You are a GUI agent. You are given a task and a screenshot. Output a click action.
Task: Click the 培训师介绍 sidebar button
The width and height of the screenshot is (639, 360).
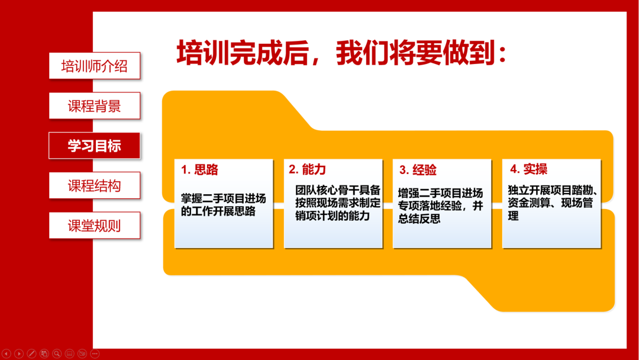(x=95, y=66)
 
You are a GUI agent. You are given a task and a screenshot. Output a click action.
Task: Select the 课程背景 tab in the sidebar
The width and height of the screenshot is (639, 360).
(x=95, y=105)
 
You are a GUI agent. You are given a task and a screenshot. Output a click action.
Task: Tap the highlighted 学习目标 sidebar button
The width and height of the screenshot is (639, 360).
(x=95, y=146)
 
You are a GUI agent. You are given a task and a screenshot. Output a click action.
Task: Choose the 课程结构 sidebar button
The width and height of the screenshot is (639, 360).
(x=95, y=185)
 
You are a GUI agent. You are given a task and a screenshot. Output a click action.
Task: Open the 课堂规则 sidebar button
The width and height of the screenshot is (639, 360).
(x=95, y=226)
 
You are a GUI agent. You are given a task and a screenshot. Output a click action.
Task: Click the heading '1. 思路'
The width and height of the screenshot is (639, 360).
(x=200, y=169)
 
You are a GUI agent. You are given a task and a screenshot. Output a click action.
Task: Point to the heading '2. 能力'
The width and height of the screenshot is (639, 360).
(x=307, y=169)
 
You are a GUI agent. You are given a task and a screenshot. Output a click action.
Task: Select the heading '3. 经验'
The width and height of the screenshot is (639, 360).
(x=418, y=169)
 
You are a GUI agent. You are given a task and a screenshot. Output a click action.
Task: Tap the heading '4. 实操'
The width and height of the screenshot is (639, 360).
(x=528, y=169)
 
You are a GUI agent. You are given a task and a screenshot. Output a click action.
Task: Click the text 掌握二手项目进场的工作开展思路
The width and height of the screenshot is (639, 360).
(x=223, y=205)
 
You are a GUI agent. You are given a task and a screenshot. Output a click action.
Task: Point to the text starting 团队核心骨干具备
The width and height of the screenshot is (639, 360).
(x=338, y=202)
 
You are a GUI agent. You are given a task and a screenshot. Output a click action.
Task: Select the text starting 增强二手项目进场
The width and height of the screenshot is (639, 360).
(x=441, y=205)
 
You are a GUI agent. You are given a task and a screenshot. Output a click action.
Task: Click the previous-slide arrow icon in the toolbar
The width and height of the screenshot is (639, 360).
(x=6, y=353)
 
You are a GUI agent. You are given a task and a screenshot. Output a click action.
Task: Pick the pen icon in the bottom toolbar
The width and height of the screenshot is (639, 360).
(x=31, y=353)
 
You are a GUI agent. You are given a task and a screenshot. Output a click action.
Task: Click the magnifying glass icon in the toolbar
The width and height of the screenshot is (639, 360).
(x=57, y=353)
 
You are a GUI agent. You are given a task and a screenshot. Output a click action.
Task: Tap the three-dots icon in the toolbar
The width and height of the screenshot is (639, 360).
(x=95, y=353)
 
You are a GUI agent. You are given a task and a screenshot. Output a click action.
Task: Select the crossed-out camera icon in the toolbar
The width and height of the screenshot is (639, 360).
(x=82, y=353)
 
